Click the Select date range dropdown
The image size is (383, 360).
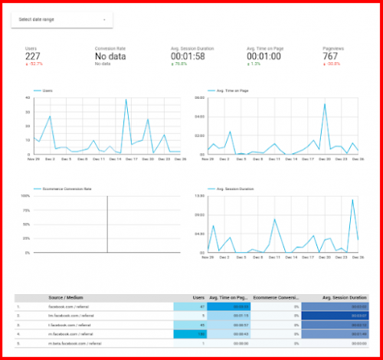point(61,19)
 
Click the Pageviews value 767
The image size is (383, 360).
point(331,56)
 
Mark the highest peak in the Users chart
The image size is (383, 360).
point(126,100)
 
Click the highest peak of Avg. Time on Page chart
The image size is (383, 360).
point(325,104)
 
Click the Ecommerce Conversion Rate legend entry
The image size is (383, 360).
point(64,188)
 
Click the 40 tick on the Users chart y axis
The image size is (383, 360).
point(28,98)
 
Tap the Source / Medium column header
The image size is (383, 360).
point(66,298)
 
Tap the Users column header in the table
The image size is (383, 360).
point(198,298)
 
